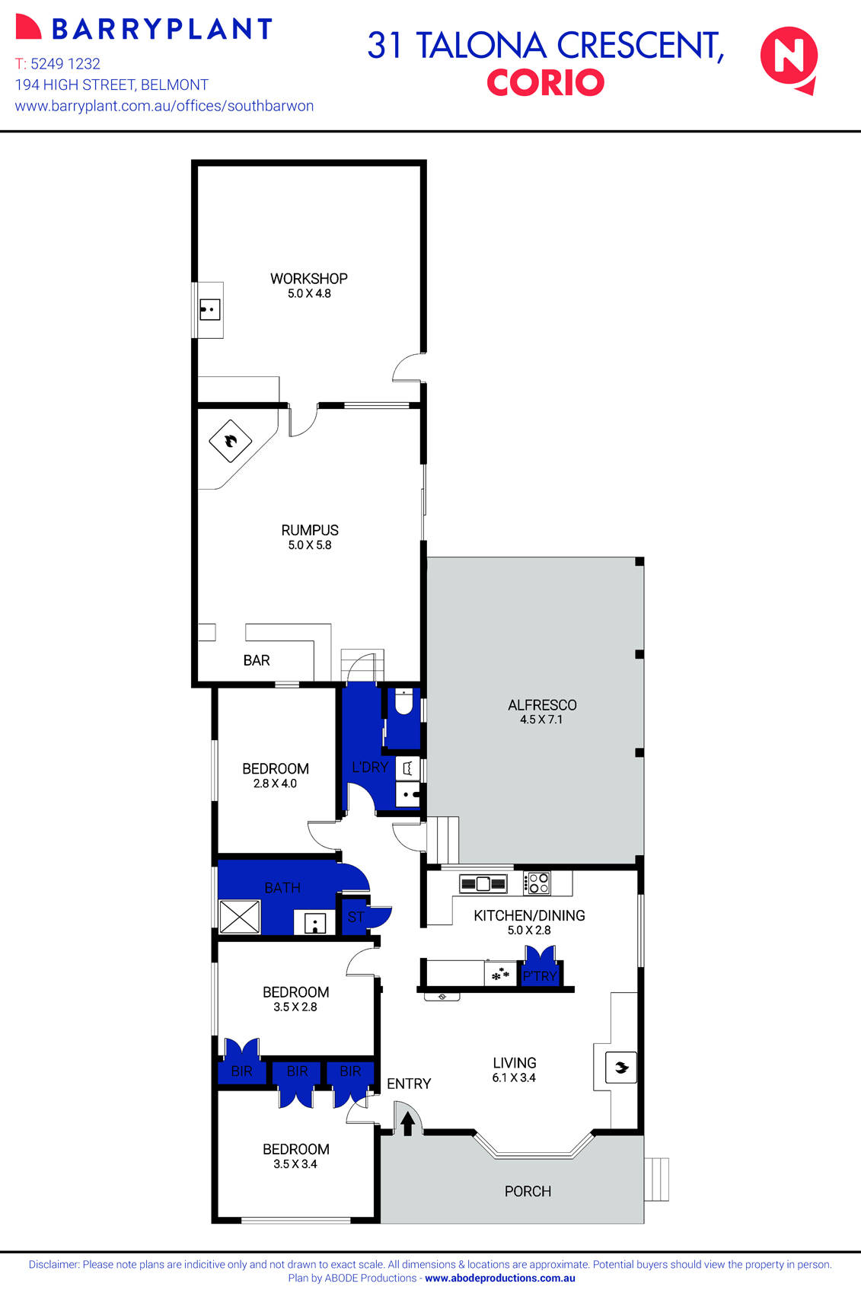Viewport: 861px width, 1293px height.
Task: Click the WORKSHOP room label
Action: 308,279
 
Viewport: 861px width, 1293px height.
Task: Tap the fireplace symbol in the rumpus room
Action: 230,440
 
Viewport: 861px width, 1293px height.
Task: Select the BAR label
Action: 257,660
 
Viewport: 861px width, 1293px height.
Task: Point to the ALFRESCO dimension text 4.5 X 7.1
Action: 541,720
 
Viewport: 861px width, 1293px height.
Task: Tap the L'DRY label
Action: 369,767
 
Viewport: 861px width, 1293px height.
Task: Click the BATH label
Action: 282,888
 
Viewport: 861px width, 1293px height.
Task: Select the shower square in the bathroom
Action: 240,917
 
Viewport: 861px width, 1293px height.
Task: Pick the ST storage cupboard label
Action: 355,917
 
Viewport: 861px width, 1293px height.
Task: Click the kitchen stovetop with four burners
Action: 538,883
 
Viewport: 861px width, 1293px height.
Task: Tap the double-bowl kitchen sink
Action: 483,883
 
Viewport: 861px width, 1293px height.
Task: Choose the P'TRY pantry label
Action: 540,976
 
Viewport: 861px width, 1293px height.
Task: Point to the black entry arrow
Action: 407,1123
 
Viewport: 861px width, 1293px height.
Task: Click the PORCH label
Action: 528,1191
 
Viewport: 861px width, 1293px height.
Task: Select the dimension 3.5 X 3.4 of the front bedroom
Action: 295,1164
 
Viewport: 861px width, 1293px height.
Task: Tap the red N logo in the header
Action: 789,58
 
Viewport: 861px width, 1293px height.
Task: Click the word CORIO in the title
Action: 545,82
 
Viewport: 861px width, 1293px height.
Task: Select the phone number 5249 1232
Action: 65,64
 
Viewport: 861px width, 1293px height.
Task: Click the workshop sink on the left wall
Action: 209,310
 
